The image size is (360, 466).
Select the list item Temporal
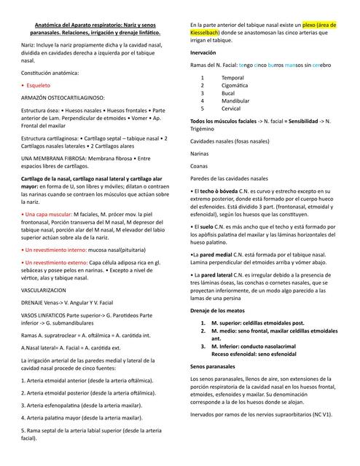[232, 77]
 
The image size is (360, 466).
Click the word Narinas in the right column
[199, 154]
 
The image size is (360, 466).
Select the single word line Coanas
[199, 166]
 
